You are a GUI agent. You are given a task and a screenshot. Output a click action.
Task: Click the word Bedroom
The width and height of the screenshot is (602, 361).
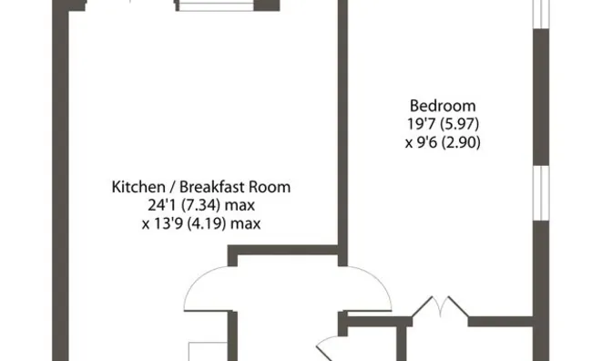pos(443,106)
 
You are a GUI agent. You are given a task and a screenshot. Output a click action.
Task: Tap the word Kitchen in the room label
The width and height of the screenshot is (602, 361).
pos(138,187)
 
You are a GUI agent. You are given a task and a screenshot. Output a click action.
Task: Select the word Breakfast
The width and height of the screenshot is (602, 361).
pos(212,187)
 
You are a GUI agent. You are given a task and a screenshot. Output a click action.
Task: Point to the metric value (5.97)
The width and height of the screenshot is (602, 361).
pos(460,124)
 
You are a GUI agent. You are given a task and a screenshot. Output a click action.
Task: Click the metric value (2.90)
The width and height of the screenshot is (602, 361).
pos(461,142)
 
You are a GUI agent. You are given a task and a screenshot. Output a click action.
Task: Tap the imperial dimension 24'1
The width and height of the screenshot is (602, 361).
pos(162,205)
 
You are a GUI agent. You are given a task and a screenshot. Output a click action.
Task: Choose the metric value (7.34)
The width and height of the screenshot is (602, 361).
pos(200,205)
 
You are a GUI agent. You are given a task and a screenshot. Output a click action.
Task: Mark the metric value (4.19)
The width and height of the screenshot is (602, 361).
pos(207,223)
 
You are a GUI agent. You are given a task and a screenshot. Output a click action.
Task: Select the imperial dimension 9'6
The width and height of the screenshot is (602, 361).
pos(426,142)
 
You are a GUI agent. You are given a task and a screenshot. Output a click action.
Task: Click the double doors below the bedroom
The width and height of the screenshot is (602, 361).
pos(441,306)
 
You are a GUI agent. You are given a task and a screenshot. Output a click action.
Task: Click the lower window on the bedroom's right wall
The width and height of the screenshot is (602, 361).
pos(541,193)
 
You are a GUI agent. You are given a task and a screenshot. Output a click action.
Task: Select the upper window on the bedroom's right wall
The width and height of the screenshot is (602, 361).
pos(541,15)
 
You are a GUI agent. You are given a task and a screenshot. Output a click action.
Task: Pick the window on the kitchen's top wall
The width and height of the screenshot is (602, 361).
pos(216,5)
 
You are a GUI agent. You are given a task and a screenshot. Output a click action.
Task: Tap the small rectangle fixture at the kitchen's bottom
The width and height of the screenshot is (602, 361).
pos(208,351)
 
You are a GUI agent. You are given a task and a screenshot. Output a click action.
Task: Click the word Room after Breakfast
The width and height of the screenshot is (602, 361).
pos(270,187)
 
